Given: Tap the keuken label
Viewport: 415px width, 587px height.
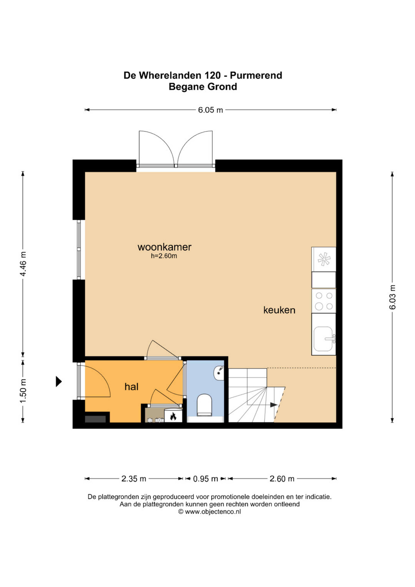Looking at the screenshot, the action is point(279,310).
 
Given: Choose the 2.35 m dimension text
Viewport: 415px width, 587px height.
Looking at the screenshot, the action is point(134,479).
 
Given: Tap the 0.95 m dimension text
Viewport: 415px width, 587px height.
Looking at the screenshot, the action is point(205,479).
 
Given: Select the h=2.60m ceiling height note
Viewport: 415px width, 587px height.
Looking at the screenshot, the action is point(164,256).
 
